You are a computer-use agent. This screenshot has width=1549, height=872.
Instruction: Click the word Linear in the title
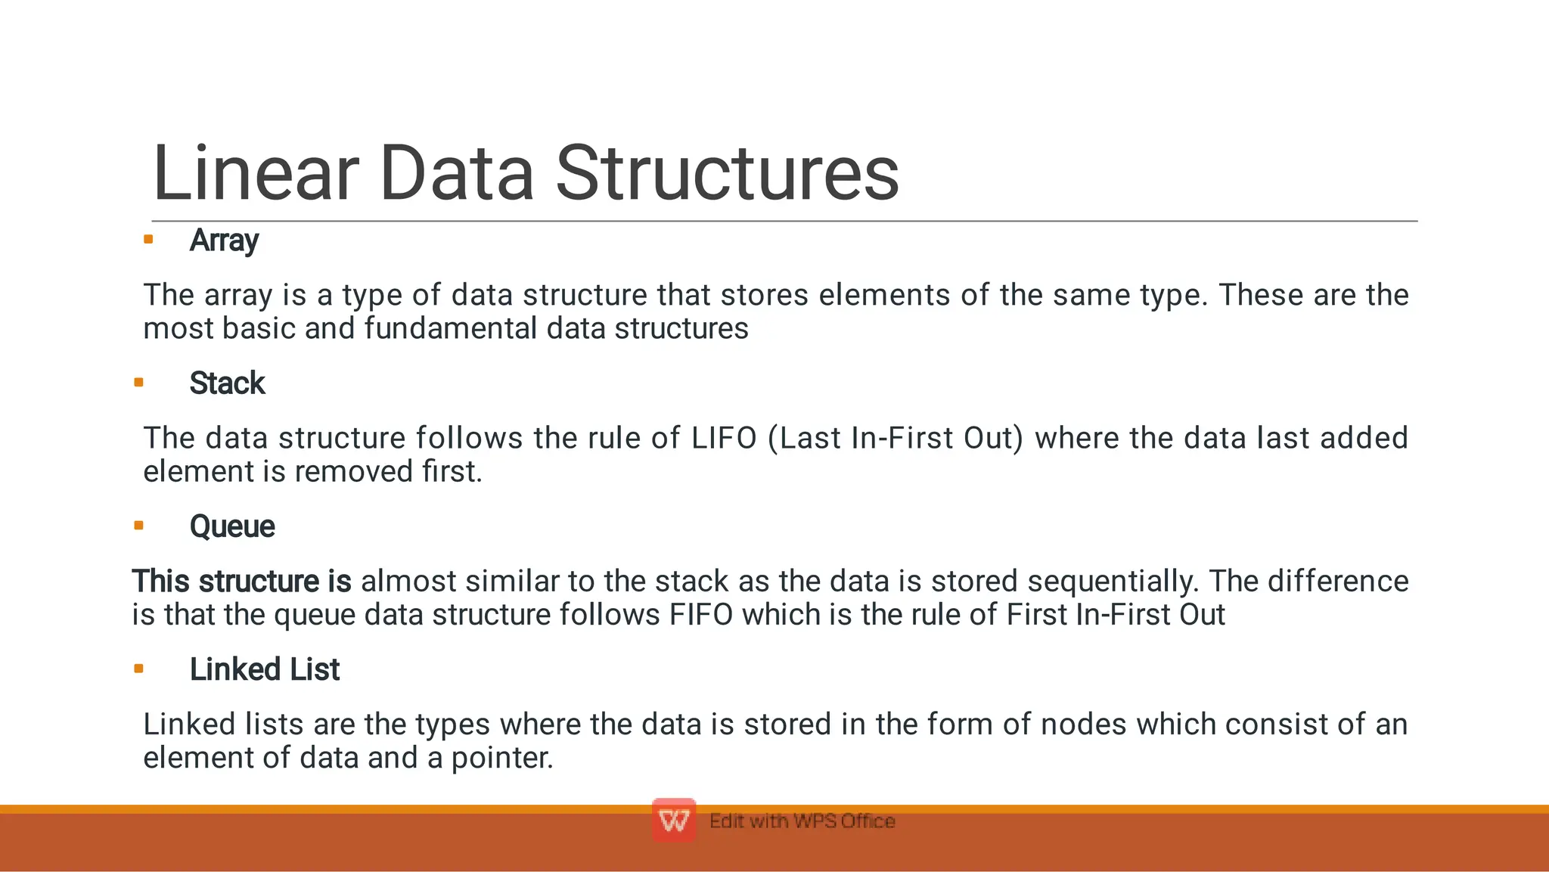point(255,174)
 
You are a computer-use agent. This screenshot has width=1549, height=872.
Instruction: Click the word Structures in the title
point(727,174)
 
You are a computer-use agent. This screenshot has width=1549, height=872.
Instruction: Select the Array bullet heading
point(224,240)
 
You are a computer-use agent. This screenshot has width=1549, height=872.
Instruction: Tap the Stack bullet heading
point(227,383)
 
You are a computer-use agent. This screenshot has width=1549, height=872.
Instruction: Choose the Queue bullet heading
point(232,526)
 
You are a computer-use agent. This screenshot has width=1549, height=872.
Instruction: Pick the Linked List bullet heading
point(264,669)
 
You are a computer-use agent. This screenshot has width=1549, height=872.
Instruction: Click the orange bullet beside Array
point(148,240)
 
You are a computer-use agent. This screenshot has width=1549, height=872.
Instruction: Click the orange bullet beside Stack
point(138,383)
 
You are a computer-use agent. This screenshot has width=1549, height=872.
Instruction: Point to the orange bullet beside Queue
point(138,526)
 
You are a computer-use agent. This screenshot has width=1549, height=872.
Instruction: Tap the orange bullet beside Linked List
point(138,669)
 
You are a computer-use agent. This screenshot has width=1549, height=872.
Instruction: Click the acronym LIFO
point(724,438)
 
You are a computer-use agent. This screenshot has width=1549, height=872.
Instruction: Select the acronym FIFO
point(700,614)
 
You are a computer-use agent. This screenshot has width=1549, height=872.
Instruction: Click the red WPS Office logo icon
point(673,821)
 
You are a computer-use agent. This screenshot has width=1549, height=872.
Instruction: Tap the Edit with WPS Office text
point(802,821)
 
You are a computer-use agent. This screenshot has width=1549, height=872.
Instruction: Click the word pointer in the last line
point(502,758)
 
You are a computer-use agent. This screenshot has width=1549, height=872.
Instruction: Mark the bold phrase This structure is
point(241,581)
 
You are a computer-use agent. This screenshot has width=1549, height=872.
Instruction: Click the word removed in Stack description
point(353,472)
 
